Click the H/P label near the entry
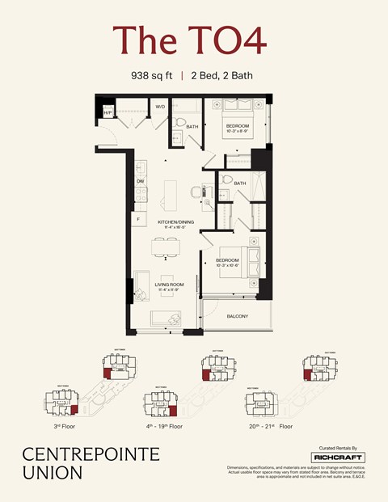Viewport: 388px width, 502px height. point(108,113)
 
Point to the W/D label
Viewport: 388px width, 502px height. point(160,107)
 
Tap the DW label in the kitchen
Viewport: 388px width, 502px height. point(140,181)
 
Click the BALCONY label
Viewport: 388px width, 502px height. point(237,316)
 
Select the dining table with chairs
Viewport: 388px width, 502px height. point(167,248)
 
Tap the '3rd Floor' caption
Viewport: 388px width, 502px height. point(62,424)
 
